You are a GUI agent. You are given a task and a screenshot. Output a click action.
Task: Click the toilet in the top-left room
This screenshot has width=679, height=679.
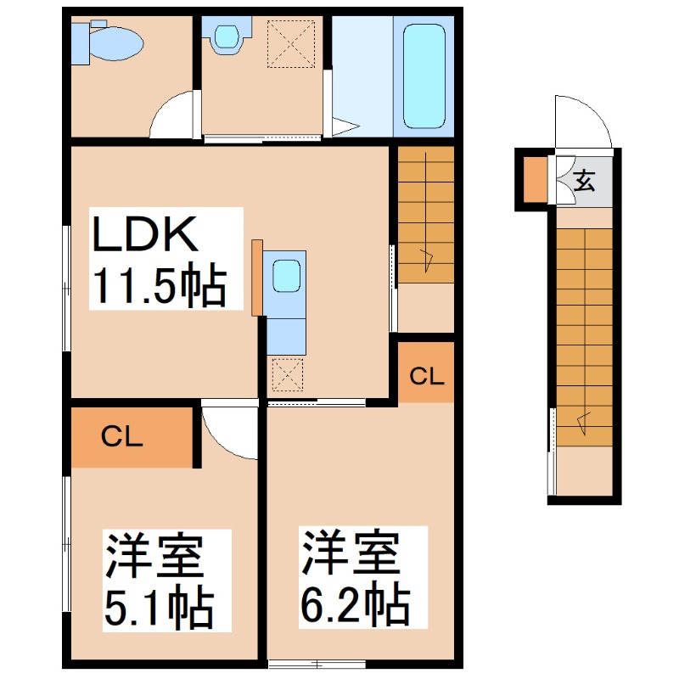pos(110,42)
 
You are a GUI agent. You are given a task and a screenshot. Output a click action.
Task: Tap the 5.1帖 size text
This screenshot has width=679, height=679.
pos(158,605)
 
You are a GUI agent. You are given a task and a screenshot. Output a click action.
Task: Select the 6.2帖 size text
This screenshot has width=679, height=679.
pos(355,604)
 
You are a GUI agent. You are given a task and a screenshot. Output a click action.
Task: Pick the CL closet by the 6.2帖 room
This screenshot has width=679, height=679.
pos(426,373)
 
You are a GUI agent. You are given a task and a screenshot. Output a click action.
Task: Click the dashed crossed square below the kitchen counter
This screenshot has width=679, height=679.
pos(286,374)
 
